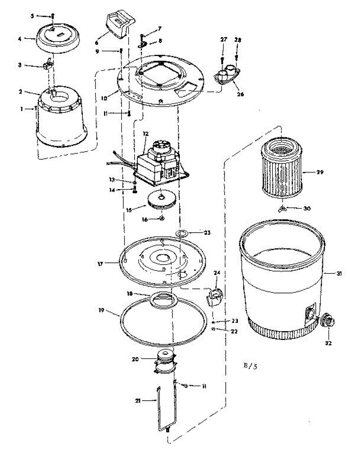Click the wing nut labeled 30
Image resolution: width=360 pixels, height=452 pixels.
click(x=282, y=208)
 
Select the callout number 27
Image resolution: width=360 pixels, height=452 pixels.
click(x=223, y=39)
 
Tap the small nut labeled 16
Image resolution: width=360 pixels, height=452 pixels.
click(x=162, y=218)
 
